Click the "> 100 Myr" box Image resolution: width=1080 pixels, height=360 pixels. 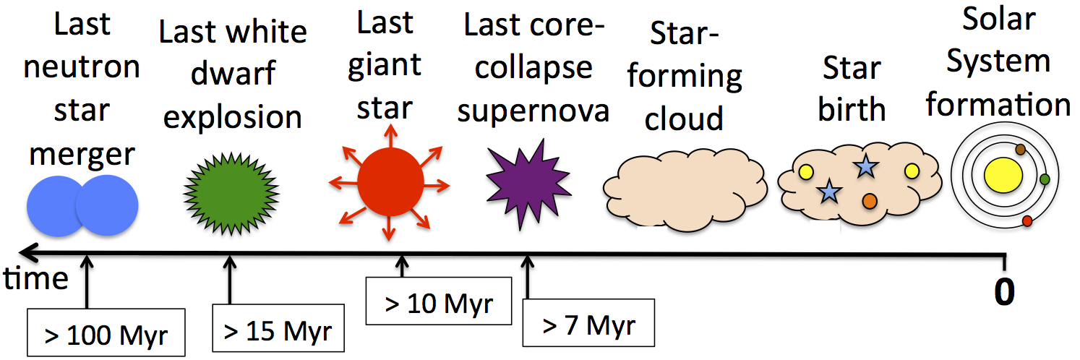(x=106, y=333)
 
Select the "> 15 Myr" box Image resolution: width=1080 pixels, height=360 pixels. (x=278, y=328)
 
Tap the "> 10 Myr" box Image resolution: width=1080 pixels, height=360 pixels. (x=439, y=301)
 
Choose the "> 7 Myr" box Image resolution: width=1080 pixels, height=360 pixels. (x=588, y=323)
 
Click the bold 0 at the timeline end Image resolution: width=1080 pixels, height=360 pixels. (x=1004, y=292)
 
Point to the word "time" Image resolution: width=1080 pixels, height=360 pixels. (x=35, y=279)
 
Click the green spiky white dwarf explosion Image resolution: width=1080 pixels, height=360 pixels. (x=231, y=193)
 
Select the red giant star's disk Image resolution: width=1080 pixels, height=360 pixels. (x=390, y=181)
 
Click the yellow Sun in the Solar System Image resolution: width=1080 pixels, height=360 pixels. (x=1003, y=174)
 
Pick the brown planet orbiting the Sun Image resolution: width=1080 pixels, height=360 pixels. (x=1020, y=150)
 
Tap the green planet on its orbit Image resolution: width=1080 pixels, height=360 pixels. (x=1045, y=179)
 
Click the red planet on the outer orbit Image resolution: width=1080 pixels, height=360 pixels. (x=1027, y=221)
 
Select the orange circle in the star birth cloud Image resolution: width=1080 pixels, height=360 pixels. (x=870, y=201)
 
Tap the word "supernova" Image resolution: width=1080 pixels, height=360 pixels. (x=533, y=112)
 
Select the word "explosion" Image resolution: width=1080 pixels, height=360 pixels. (x=232, y=117)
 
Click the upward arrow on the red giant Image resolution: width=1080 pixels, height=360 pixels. (x=391, y=137)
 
